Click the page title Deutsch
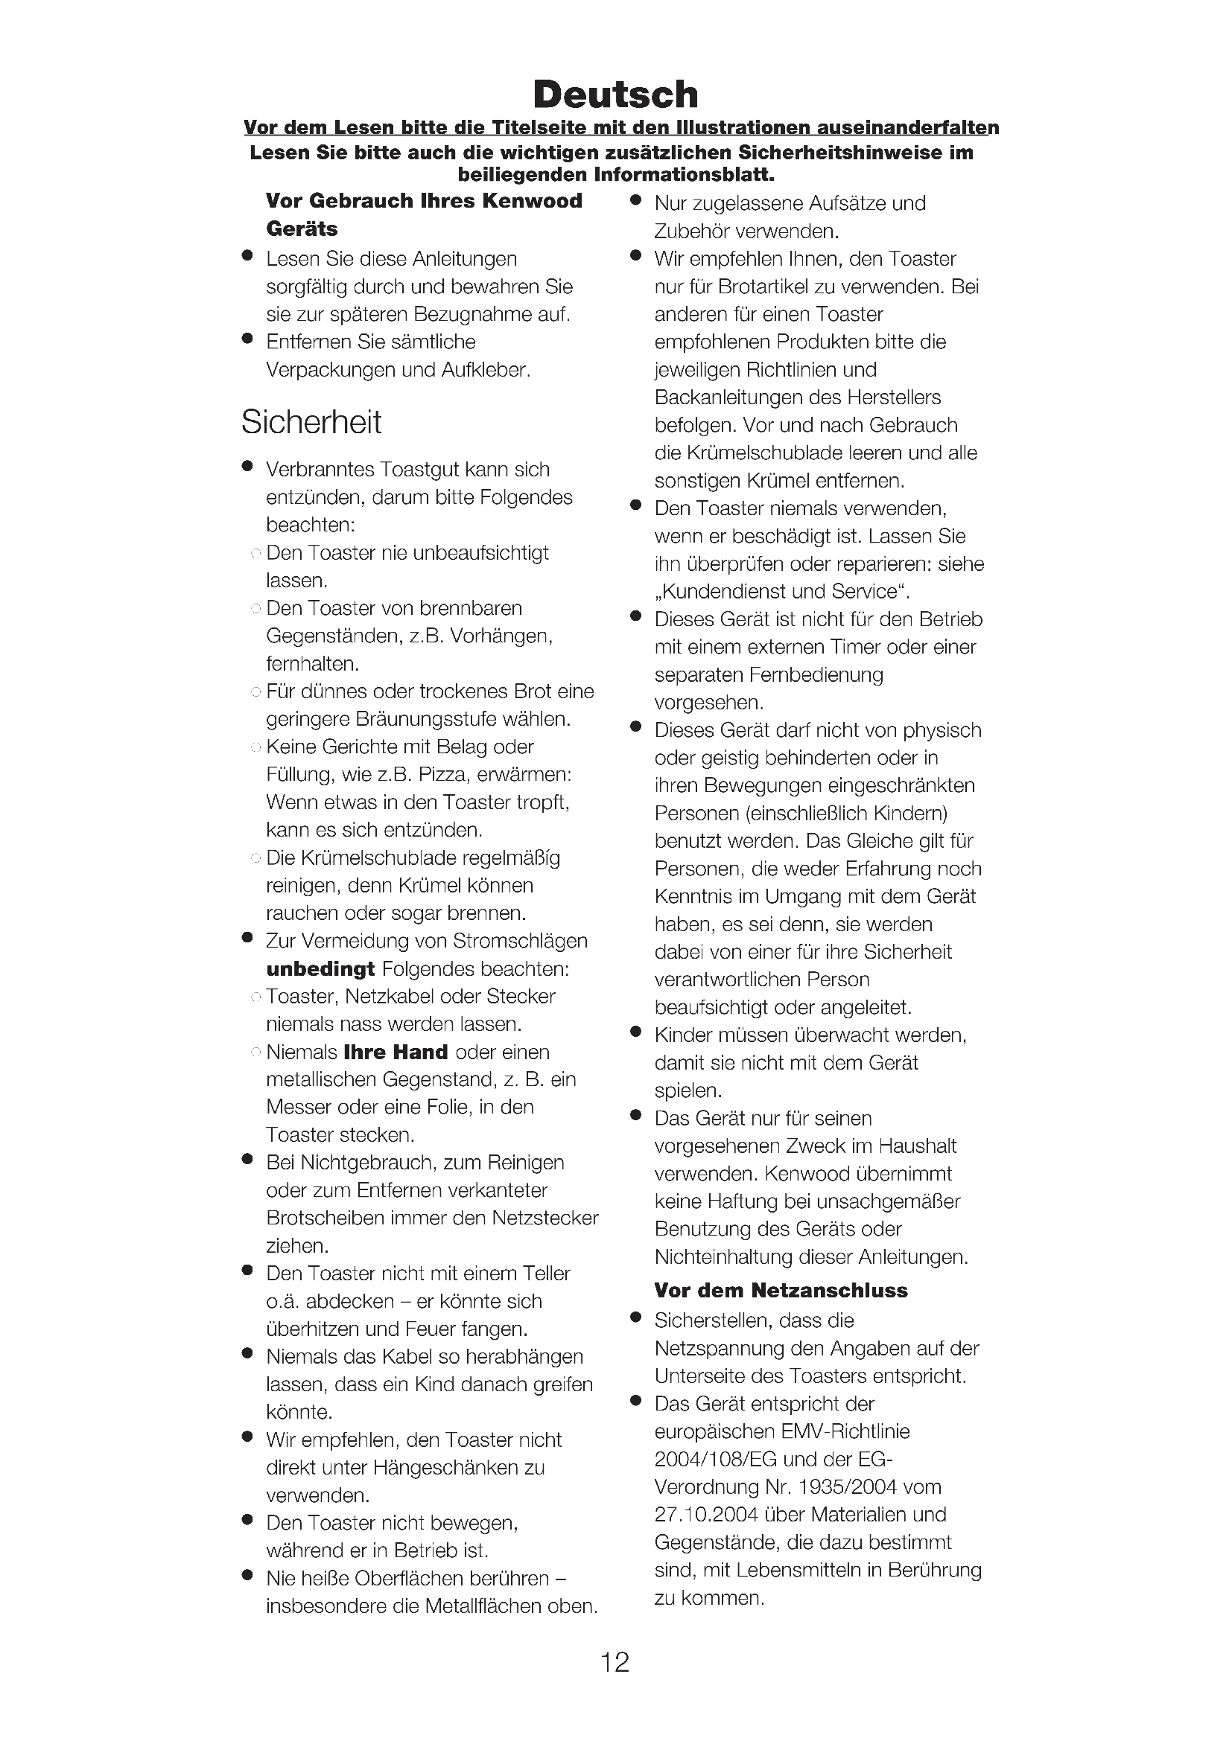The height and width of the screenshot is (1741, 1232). click(x=615, y=95)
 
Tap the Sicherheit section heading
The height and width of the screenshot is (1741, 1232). click(x=311, y=422)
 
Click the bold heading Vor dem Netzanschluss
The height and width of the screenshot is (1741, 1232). click(x=781, y=1290)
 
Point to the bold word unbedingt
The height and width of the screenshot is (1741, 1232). click(x=320, y=969)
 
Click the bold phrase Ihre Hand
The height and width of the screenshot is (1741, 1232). click(x=396, y=1052)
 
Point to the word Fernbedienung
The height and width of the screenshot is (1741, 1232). click(x=816, y=675)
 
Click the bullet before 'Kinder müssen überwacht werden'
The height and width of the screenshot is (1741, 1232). click(x=636, y=1033)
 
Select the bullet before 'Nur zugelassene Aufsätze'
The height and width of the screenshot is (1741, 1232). click(x=636, y=201)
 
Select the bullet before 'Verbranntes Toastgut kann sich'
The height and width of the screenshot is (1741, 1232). click(x=247, y=467)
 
